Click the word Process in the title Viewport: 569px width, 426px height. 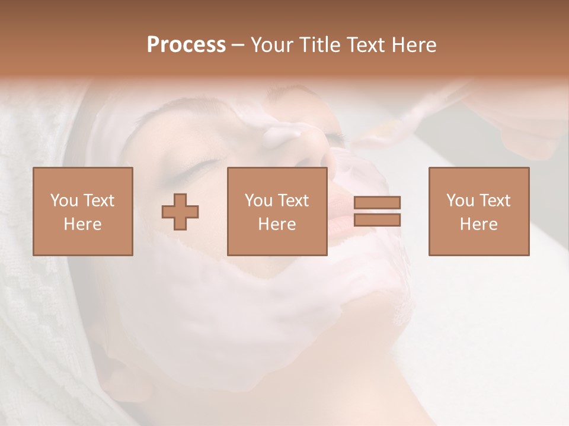(x=186, y=45)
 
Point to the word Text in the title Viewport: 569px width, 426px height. (x=366, y=45)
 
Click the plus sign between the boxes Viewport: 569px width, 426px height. (x=180, y=211)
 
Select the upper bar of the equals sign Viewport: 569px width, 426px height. (x=377, y=202)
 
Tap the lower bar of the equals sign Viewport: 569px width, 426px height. (x=377, y=220)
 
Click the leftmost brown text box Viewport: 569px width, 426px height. (x=83, y=211)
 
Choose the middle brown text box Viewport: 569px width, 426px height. (x=277, y=211)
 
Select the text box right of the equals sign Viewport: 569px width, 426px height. (x=478, y=211)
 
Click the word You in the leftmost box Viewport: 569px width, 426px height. (x=64, y=201)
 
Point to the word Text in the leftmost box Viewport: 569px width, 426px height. (x=98, y=201)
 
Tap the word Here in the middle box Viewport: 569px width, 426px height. (x=277, y=224)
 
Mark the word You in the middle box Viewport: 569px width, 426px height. (x=258, y=201)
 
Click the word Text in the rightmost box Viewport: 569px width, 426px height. (x=494, y=201)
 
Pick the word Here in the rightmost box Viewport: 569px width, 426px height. (x=478, y=224)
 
